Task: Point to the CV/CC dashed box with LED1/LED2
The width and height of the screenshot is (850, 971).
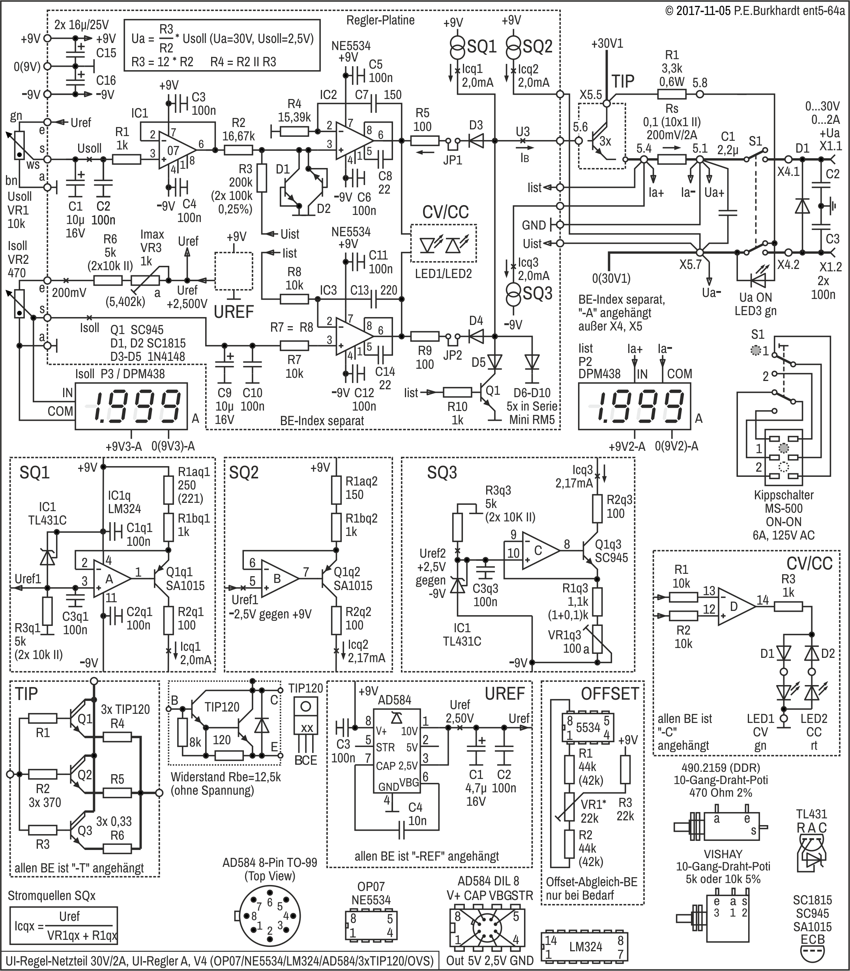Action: pyautogui.click(x=443, y=243)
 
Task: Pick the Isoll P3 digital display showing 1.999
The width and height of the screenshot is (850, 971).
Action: pyautogui.click(x=131, y=406)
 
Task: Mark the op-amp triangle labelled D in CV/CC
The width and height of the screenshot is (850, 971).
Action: pyautogui.click(x=736, y=607)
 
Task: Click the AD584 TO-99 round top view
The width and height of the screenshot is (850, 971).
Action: pyautogui.click(x=270, y=917)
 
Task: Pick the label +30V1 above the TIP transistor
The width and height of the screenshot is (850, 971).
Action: pyautogui.click(x=607, y=44)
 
